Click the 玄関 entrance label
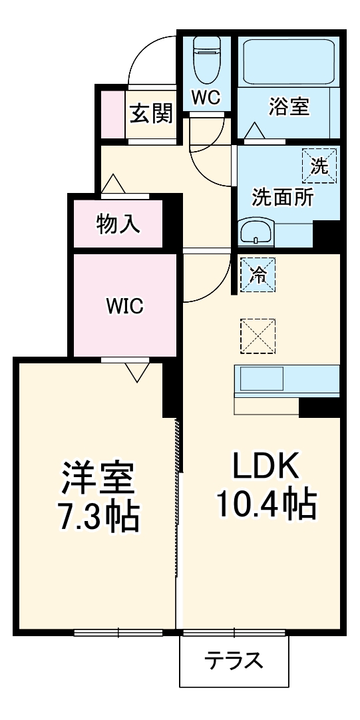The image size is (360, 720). pyautogui.click(x=151, y=114)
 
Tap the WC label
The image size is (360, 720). pyautogui.click(x=206, y=97)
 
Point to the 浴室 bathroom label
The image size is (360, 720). pyautogui.click(x=289, y=106)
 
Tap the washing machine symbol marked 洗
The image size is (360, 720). pyautogui.click(x=319, y=165)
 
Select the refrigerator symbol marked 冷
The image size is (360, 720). pyautogui.click(x=257, y=273)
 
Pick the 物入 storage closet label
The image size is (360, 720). pyautogui.click(x=118, y=224)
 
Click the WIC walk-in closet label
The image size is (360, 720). pyautogui.click(x=125, y=306)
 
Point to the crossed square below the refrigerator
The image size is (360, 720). pyautogui.click(x=258, y=336)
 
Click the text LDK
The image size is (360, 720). pyautogui.click(x=266, y=466)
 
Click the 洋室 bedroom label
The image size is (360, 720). pyautogui.click(x=99, y=476)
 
